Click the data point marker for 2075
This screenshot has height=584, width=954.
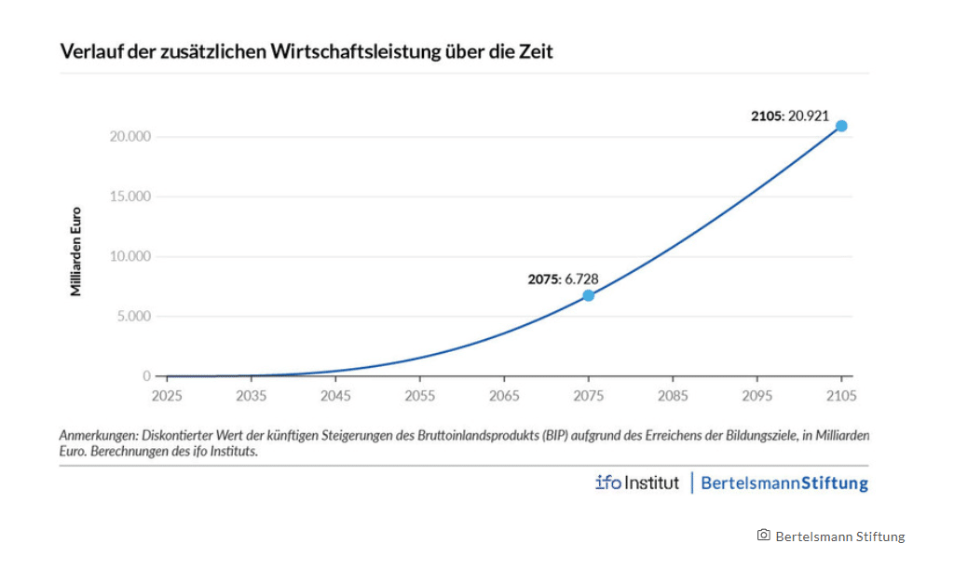(x=588, y=295)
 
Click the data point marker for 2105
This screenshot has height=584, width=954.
(x=841, y=126)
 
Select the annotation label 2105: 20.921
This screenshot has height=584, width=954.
(x=789, y=116)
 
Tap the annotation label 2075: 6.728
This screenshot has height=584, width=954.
(x=562, y=278)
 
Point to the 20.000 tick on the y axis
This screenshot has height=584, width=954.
(x=129, y=137)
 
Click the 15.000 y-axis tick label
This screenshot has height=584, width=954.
(x=129, y=197)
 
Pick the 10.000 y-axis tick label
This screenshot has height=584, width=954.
(x=129, y=256)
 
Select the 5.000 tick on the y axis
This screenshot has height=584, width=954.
(x=132, y=317)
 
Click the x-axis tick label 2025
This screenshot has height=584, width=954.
(x=167, y=396)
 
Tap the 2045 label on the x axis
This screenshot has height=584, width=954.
(x=335, y=396)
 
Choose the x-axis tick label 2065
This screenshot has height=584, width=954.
(x=504, y=396)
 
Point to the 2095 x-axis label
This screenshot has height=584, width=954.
(x=757, y=396)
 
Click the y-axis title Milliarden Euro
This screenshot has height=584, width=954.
(x=76, y=251)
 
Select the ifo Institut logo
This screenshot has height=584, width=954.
(x=637, y=482)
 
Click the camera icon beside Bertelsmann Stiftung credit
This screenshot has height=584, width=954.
(x=763, y=535)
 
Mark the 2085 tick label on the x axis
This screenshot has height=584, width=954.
(x=673, y=396)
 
